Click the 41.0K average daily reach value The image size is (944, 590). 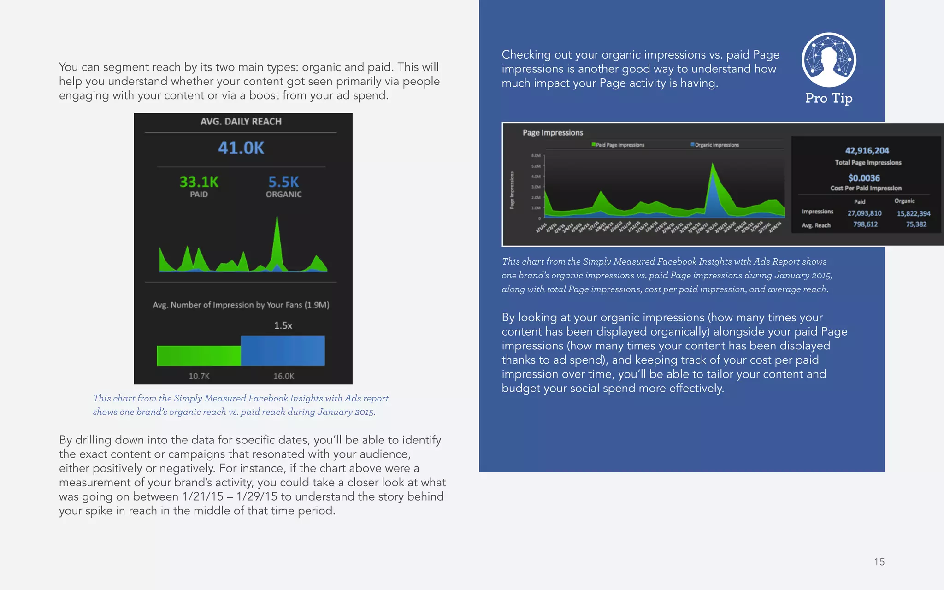point(241,148)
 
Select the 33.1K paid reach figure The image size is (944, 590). point(199,182)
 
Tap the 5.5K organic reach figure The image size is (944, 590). point(283,182)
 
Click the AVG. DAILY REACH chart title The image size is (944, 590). point(241,122)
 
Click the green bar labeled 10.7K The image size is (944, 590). point(199,355)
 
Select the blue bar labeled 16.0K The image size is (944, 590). point(283,351)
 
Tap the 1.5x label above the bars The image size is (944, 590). point(283,325)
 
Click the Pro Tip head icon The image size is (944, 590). point(829,60)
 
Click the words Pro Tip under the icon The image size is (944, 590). point(829,98)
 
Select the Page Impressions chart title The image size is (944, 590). point(553,133)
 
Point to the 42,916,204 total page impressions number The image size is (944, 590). point(867,151)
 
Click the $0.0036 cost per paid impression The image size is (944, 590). point(864,178)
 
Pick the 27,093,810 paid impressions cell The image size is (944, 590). point(864,213)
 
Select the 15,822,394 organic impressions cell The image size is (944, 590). point(913,213)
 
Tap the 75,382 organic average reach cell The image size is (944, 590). point(916,224)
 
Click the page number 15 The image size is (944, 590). point(879,562)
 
